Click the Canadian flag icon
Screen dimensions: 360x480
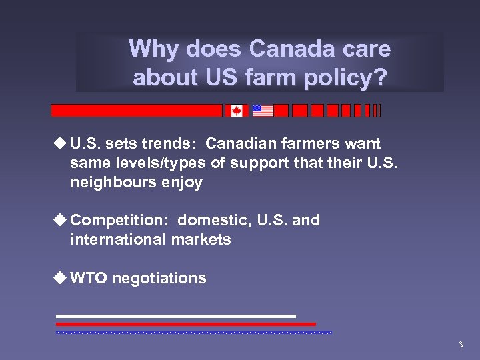(x=236, y=111)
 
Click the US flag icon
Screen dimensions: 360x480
(x=263, y=111)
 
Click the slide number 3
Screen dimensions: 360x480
(x=460, y=345)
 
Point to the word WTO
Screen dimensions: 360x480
(x=89, y=278)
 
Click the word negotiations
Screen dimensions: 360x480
(x=159, y=278)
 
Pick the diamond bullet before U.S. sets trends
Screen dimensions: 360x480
(x=61, y=143)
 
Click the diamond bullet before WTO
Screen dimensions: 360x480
(x=61, y=277)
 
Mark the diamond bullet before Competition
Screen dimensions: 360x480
(x=61, y=219)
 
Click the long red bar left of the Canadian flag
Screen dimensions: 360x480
(x=137, y=111)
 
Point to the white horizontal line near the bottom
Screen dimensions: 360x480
(x=175, y=316)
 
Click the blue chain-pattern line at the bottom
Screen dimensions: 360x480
(x=193, y=331)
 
